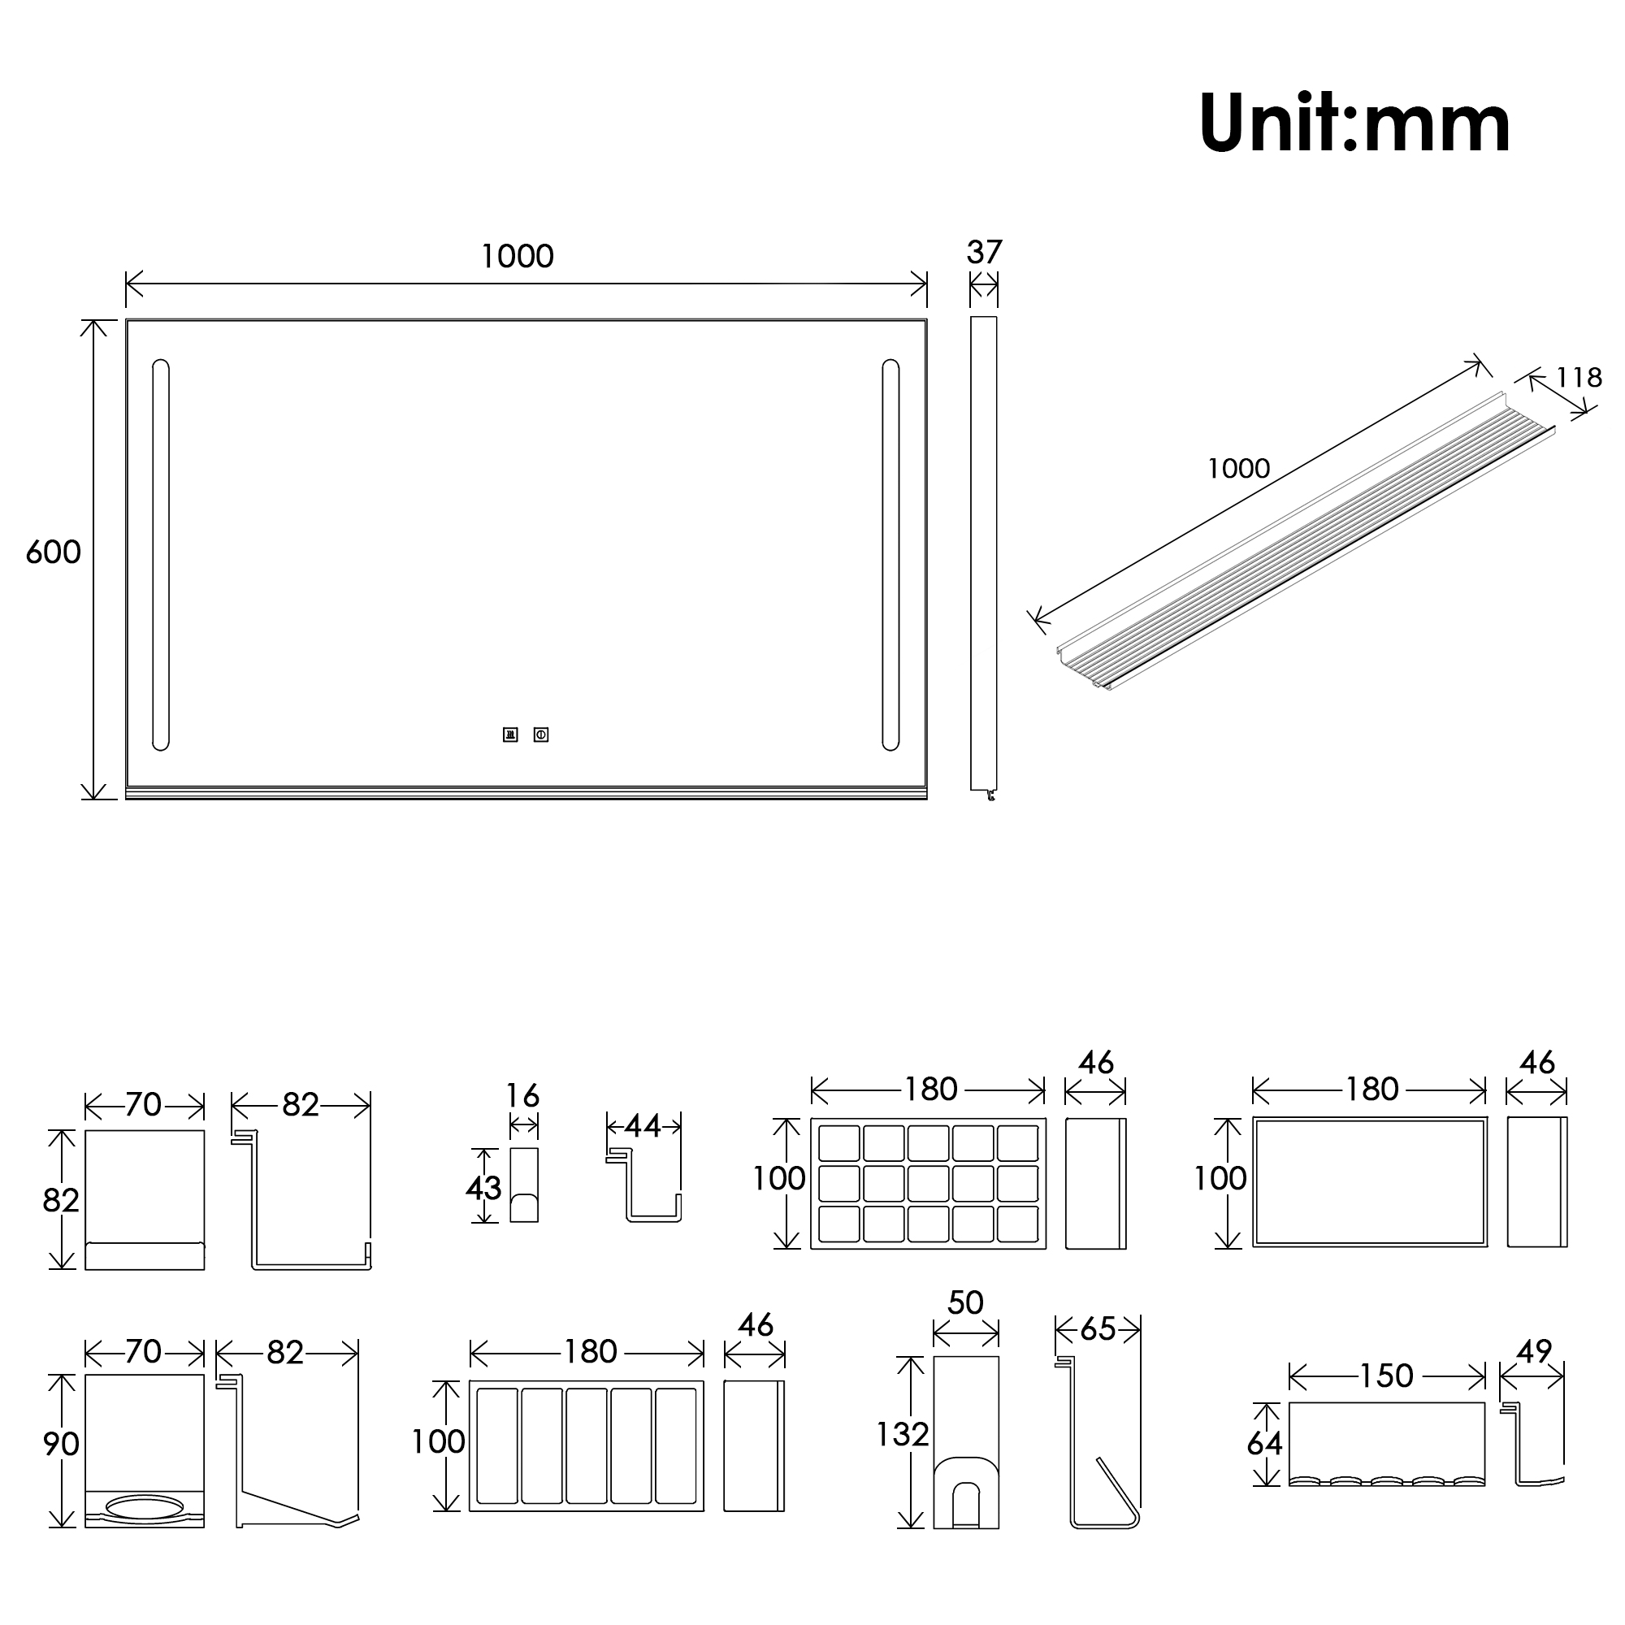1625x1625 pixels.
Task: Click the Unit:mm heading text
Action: (x=1354, y=124)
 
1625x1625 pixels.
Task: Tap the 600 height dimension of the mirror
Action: (x=53, y=552)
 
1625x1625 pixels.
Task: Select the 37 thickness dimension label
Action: (x=984, y=253)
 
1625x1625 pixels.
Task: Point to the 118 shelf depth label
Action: (x=1579, y=378)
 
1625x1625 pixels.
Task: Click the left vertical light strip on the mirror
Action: (x=161, y=555)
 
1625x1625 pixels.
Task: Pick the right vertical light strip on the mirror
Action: (x=890, y=555)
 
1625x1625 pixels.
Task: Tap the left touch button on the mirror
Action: (x=510, y=735)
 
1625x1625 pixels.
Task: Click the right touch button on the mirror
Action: (x=541, y=735)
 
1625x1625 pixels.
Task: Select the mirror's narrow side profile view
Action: (x=983, y=555)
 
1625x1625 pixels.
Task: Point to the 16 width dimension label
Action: (x=522, y=1096)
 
